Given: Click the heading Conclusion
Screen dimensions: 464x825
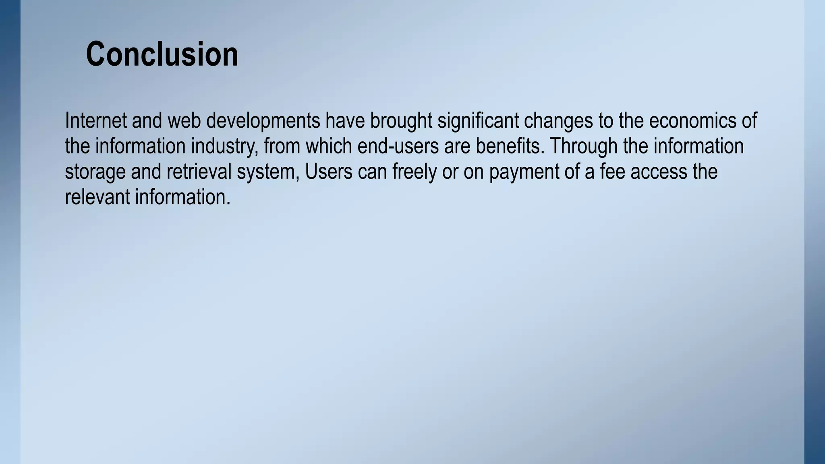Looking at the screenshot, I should (162, 54).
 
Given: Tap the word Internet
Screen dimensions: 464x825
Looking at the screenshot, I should (96, 120).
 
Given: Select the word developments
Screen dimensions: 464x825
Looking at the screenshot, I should (263, 121).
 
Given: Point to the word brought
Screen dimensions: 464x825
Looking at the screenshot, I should (401, 121).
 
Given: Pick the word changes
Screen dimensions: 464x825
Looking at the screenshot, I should (558, 121).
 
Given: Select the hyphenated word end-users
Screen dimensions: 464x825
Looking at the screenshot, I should (398, 146).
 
